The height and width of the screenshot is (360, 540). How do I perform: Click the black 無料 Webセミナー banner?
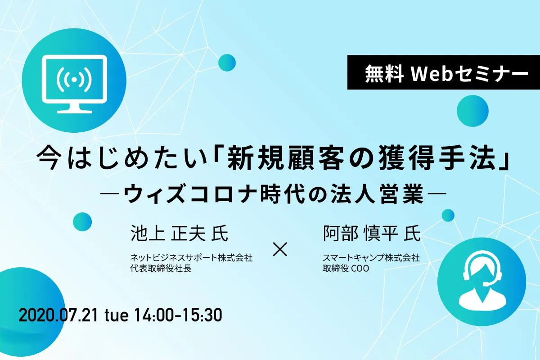click(444, 72)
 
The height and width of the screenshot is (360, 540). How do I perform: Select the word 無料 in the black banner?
click(384, 72)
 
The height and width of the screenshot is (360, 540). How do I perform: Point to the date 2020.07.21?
click(58, 315)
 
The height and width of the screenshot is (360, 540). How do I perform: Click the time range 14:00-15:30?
click(178, 315)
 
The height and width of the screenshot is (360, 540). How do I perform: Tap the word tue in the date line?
click(117, 316)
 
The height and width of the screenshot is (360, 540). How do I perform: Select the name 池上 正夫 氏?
click(180, 233)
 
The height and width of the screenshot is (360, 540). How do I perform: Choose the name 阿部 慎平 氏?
click(372, 233)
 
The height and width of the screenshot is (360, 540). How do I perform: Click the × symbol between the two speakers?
click(280, 249)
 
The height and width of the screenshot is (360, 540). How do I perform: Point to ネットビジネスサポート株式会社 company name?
click(191, 258)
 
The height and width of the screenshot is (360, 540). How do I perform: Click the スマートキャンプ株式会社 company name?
click(371, 258)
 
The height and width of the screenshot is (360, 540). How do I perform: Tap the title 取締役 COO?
click(346, 269)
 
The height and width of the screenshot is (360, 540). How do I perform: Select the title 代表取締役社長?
click(161, 269)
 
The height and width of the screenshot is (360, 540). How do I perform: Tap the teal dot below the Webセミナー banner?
click(472, 111)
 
